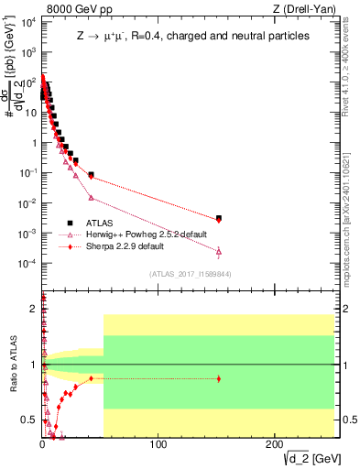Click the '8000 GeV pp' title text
[73, 8]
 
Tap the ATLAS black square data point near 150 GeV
[218, 218]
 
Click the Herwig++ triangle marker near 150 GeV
[218, 251]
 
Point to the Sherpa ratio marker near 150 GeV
[218, 378]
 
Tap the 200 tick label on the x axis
[272, 446]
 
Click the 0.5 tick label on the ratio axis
[28, 420]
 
